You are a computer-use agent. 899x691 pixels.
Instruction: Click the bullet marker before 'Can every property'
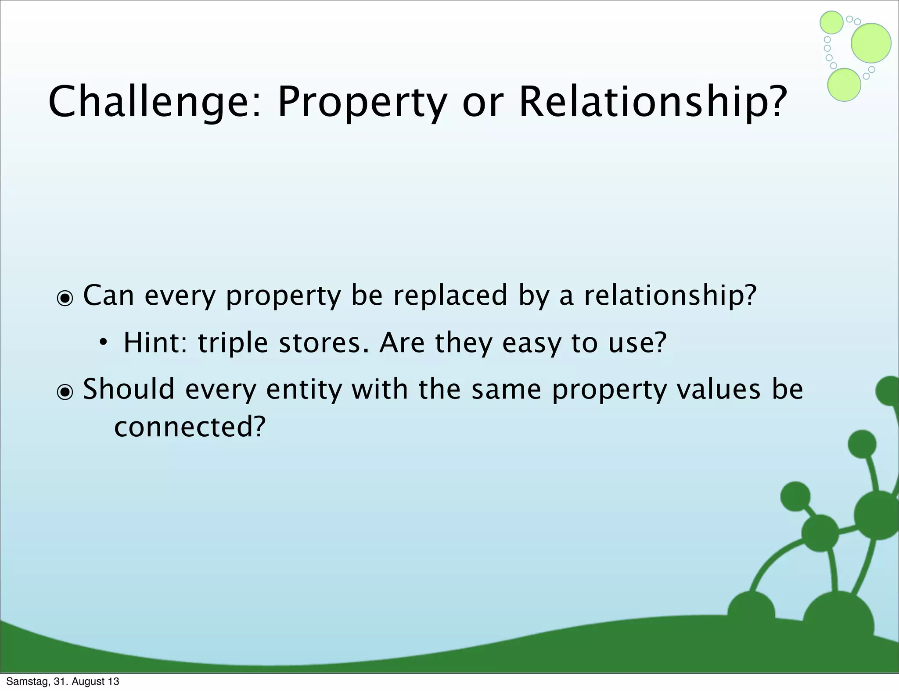coord(65,299)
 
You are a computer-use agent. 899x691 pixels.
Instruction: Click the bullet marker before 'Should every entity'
coord(65,392)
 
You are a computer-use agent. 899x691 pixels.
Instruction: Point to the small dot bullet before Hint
coord(102,342)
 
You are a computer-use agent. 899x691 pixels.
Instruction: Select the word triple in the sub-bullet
coord(233,344)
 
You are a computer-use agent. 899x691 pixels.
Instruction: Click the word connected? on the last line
coord(190,427)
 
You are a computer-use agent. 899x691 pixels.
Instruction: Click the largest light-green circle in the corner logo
coord(871,43)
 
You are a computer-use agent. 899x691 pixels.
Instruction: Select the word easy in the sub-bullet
coord(532,344)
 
